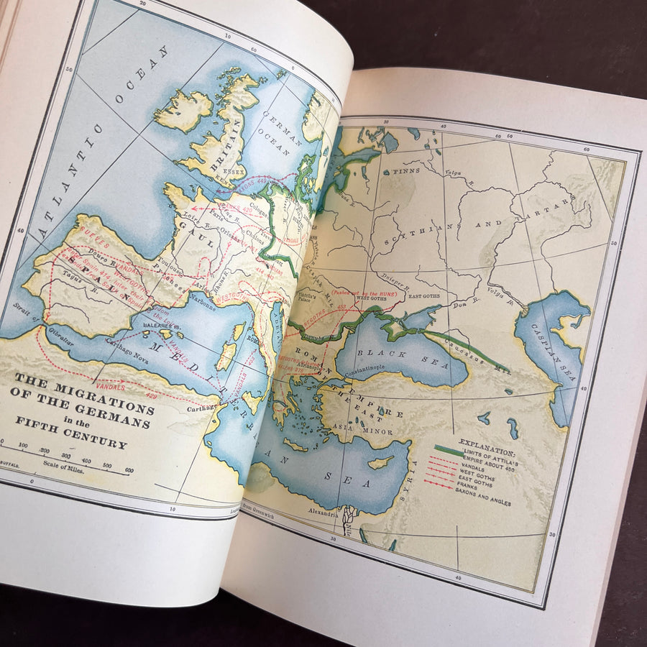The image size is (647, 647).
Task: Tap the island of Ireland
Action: click(183, 111)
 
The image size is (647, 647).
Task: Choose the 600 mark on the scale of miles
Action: click(127, 471)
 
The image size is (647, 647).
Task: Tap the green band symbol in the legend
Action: click(449, 451)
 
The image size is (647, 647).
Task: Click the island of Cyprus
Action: click(381, 462)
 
